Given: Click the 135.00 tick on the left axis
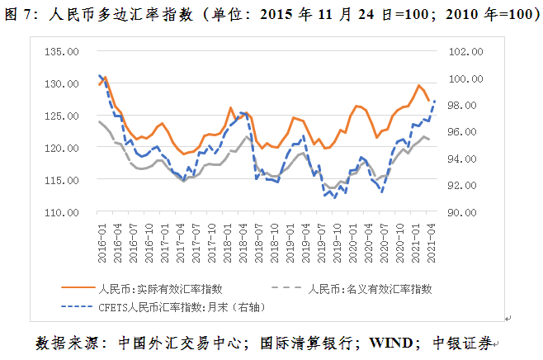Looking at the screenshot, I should click(62, 51).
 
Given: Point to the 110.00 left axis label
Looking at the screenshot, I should click(62, 212).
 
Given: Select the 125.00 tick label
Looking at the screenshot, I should click(62, 116).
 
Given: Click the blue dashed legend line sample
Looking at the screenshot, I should click(78, 307).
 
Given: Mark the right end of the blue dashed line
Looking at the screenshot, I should click(435, 101).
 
